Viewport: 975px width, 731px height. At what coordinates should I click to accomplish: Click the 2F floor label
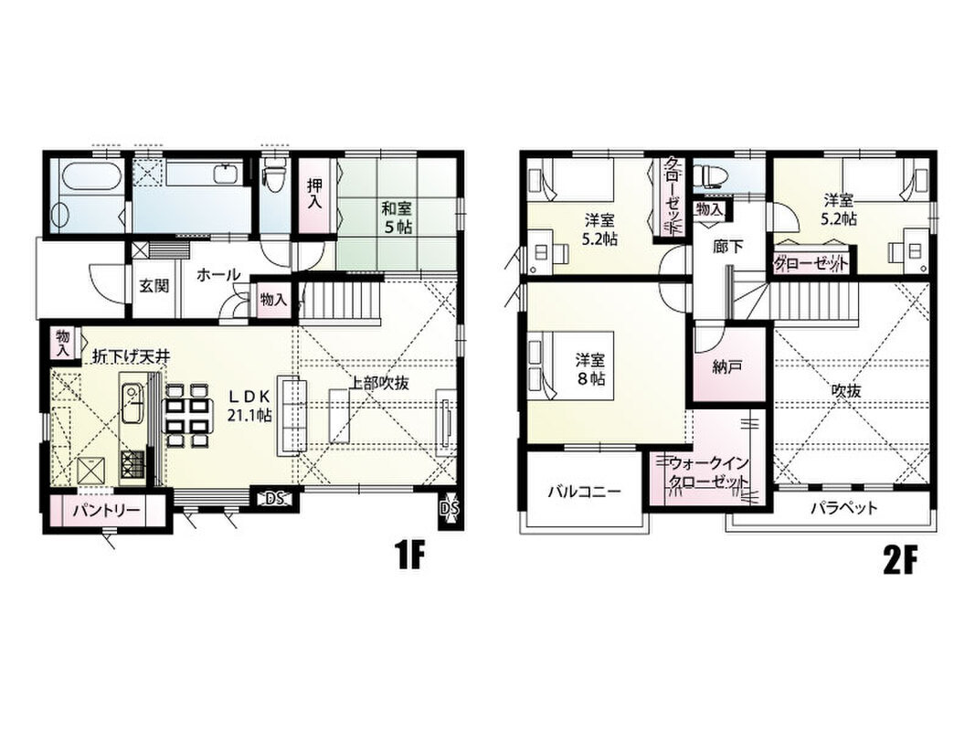[x=900, y=560]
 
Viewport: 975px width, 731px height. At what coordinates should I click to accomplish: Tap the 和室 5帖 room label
[x=397, y=217]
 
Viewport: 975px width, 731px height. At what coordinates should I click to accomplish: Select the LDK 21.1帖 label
[x=249, y=406]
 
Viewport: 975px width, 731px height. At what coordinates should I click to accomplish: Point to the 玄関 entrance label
[x=154, y=287]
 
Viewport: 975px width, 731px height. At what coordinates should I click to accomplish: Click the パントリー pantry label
[x=106, y=511]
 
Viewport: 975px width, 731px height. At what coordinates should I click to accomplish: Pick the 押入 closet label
[x=314, y=195]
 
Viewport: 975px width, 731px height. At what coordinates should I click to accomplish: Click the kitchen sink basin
[x=132, y=403]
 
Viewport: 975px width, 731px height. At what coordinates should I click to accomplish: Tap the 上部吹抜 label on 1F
[x=378, y=383]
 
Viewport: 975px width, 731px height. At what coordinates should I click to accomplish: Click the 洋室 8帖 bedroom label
[x=590, y=368]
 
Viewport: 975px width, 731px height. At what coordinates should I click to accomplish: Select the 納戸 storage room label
[x=727, y=367]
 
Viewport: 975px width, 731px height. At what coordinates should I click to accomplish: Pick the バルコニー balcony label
[x=584, y=493]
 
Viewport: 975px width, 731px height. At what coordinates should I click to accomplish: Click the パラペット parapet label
[x=844, y=508]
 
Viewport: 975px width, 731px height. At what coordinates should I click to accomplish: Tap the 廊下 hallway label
[x=727, y=247]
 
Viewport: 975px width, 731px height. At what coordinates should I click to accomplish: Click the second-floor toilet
[x=710, y=174]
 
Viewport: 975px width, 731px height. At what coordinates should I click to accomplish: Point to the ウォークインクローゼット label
[x=709, y=473]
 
